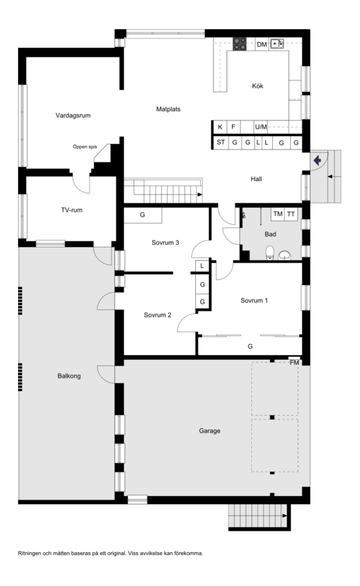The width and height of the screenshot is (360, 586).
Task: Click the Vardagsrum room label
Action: pos(73,116)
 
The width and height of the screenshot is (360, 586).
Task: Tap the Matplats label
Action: pos(168,109)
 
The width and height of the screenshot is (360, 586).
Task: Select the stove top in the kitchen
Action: pos(240,44)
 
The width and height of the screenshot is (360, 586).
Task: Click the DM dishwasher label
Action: pos(262,44)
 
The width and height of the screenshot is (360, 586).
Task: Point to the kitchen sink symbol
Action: pos(277,44)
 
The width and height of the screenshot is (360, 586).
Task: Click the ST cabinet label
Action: pos(221,142)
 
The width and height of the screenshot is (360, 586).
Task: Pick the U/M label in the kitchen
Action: pos(261,127)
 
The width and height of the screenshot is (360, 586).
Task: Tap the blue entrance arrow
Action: pos(317,161)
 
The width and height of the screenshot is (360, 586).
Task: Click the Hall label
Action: pos(256,179)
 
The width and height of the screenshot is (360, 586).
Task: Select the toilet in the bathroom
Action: pos(269,253)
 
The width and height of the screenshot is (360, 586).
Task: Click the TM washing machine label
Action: pos(278,214)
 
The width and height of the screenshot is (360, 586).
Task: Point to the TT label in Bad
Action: pos(291,214)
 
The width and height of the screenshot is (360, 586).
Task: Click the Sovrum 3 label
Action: pos(165,243)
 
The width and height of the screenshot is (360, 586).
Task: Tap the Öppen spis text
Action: pos(85,147)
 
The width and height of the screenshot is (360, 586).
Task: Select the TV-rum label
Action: pos(72,210)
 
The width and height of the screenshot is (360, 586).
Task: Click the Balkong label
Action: pos(69,376)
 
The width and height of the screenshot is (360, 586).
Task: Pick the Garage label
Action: pos(209,431)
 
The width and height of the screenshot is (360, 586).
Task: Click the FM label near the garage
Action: pos(294,363)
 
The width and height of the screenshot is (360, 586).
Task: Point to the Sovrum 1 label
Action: pos(254,300)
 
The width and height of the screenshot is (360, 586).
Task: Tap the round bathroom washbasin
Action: pos(285,255)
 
